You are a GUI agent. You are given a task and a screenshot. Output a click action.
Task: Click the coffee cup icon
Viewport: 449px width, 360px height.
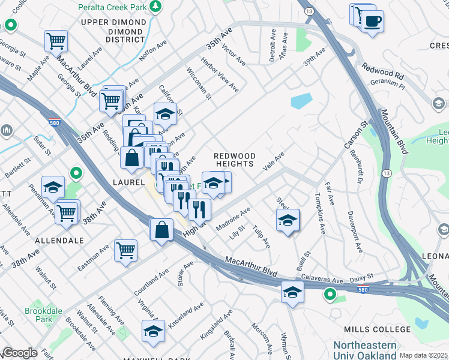(x=372, y=22)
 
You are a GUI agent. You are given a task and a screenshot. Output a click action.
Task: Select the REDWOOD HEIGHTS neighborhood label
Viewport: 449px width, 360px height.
(x=235, y=160)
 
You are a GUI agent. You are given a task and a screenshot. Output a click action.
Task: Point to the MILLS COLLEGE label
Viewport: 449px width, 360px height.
(x=377, y=329)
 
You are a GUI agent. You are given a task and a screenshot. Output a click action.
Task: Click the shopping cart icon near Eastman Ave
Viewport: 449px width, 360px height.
(x=125, y=250)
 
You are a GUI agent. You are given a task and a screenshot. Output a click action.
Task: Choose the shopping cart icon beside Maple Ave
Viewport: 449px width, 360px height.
(x=56, y=41)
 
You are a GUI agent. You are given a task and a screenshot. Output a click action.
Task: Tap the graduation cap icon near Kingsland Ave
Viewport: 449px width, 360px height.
(x=154, y=331)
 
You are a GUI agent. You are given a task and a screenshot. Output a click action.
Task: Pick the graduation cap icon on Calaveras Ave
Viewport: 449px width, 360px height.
(x=292, y=292)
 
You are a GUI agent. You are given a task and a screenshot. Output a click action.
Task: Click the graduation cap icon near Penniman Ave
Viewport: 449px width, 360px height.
(x=53, y=187)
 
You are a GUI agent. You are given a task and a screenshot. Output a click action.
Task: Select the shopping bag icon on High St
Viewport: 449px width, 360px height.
(x=162, y=230)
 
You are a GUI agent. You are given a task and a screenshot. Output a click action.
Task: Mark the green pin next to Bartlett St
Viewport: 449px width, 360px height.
(x=76, y=174)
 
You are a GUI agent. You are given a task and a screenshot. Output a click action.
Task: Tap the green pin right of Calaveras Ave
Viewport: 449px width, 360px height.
(x=330, y=295)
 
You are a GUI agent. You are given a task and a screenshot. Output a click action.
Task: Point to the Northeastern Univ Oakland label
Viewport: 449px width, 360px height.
(x=365, y=350)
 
